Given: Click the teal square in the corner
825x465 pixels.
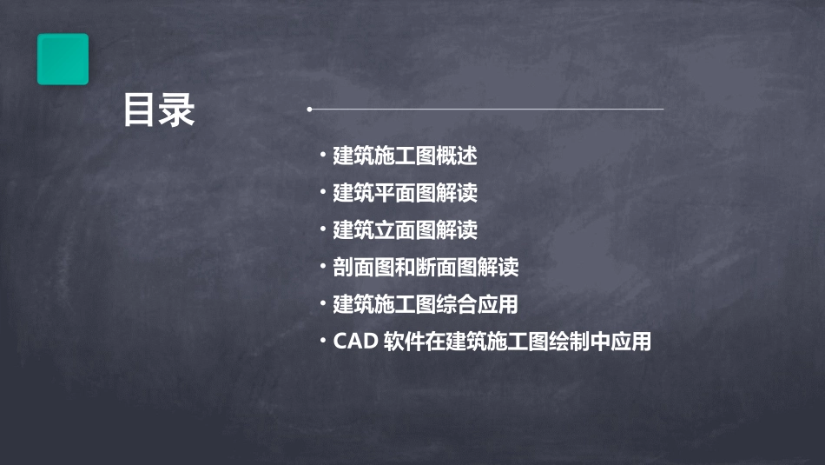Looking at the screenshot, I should (63, 59).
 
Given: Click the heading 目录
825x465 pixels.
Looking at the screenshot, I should (159, 110).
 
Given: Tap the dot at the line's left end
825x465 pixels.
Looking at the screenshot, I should (309, 110).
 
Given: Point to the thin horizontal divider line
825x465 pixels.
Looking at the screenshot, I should (486, 110).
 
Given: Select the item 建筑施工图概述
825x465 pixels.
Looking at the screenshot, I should (405, 156).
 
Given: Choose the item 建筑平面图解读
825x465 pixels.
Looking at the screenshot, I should (405, 193).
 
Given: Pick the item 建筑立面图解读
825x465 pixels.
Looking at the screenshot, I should (405, 230).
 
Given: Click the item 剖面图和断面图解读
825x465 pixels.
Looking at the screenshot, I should (426, 268).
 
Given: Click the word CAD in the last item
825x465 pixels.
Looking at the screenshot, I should (354, 342).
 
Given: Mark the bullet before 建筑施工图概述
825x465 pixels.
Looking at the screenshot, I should (323, 156).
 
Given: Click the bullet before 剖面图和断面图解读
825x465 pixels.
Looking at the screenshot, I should (323, 268).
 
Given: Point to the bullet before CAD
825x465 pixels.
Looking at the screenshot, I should (323, 342).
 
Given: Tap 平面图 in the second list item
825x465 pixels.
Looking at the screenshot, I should (405, 193).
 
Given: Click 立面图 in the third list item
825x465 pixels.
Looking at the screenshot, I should (405, 230).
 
